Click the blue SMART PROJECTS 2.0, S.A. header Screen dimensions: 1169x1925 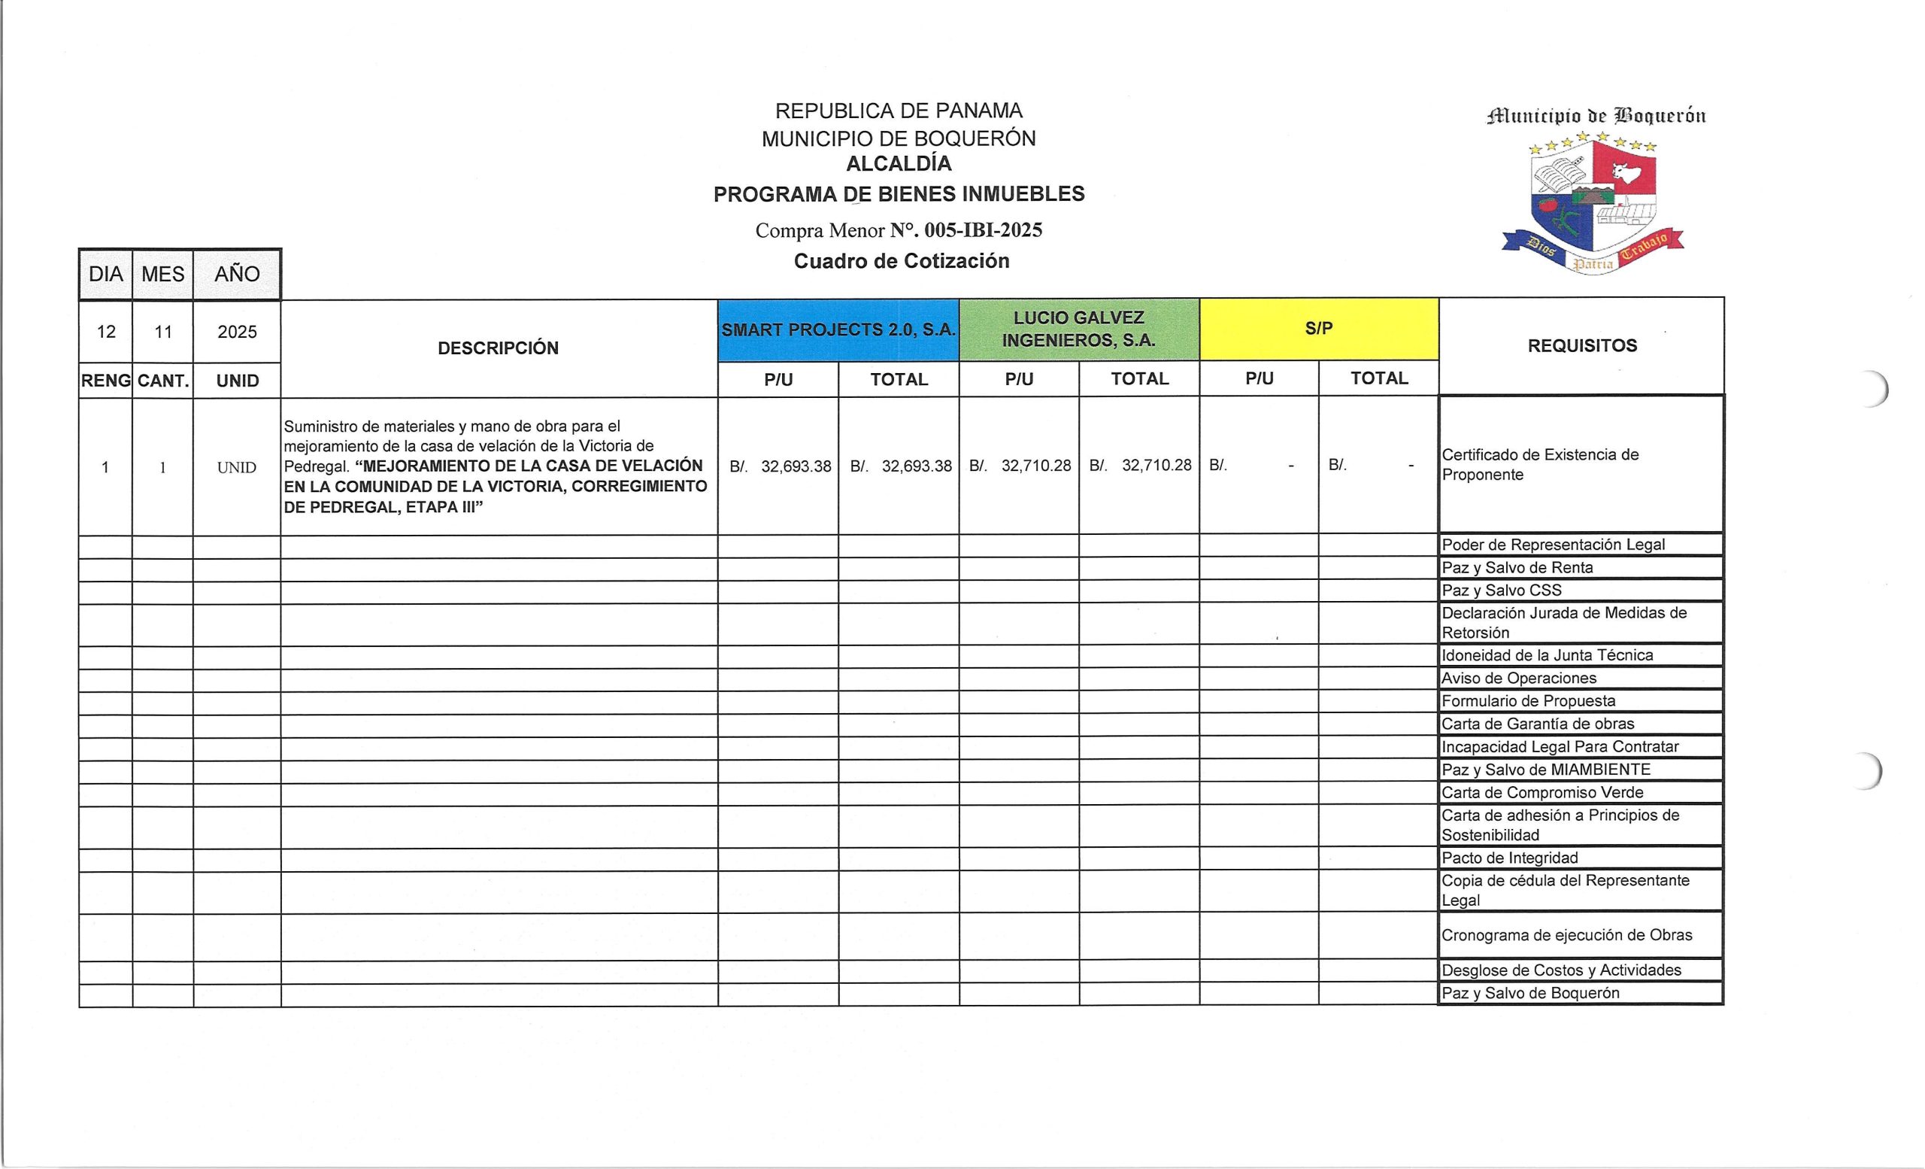(838, 329)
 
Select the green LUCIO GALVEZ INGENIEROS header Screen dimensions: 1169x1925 (1079, 329)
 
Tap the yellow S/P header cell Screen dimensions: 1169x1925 (1319, 328)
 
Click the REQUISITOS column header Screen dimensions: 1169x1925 (1582, 345)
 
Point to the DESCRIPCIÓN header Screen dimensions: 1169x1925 (499, 348)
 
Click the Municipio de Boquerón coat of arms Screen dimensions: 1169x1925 (1593, 205)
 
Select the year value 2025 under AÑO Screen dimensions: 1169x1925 (237, 332)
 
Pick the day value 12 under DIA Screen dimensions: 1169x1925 (106, 332)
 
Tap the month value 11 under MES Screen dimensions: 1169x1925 (162, 332)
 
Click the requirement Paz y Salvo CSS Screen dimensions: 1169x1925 (1502, 590)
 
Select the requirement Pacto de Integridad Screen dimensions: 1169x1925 (1509, 858)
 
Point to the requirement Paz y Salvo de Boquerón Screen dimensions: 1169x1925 (1529, 993)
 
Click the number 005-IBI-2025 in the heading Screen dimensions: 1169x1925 (983, 230)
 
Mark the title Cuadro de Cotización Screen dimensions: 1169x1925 (902, 261)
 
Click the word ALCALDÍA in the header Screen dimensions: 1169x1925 (899, 164)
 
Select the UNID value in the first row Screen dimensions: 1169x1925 (237, 467)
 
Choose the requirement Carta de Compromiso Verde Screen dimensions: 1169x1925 (1542, 792)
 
